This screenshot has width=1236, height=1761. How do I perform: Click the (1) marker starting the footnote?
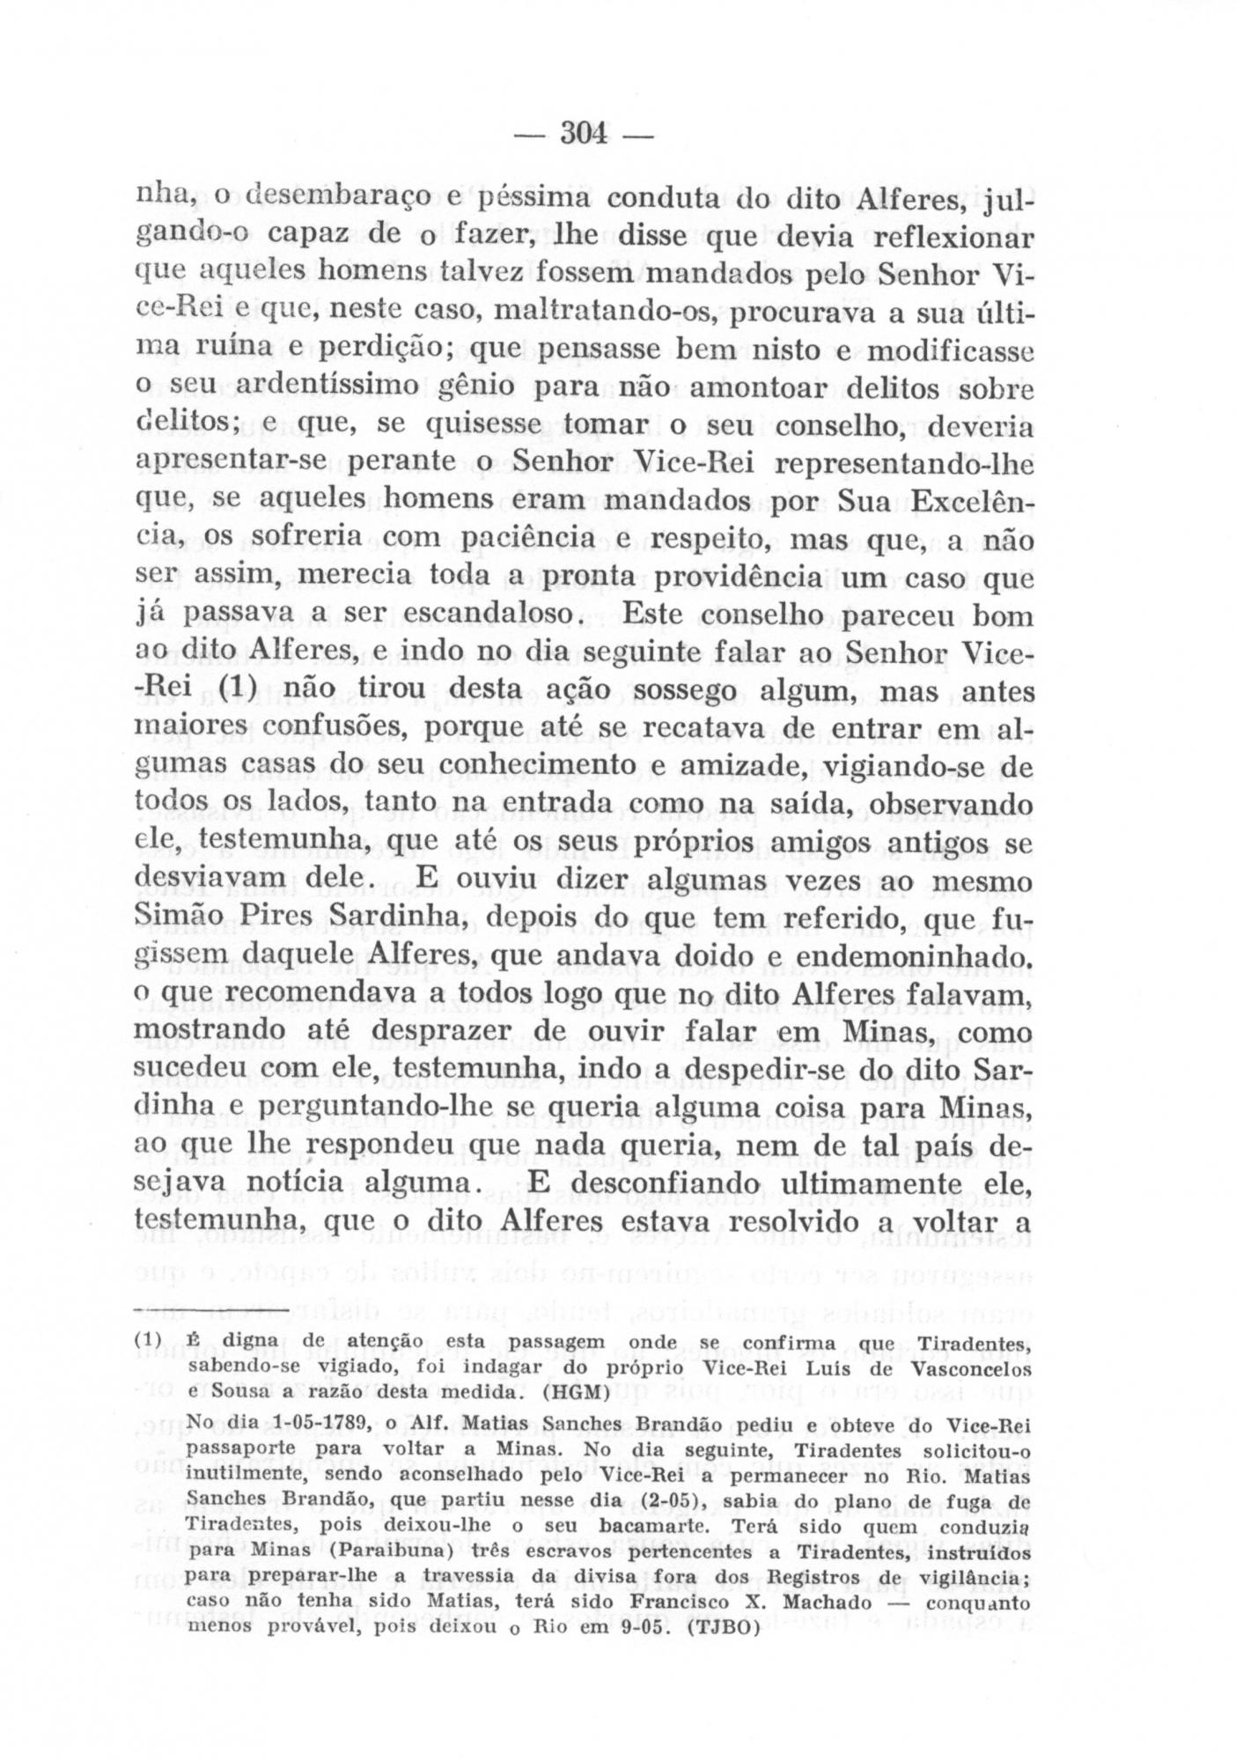coord(148,1343)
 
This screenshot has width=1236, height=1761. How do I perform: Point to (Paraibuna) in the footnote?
coord(378,1550)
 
